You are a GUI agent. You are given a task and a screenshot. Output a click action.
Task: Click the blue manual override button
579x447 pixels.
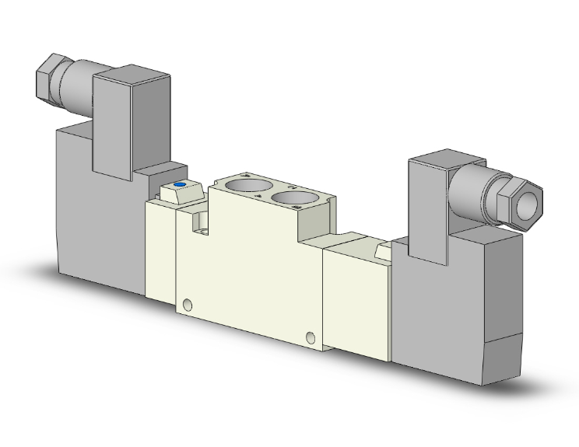tap(180, 185)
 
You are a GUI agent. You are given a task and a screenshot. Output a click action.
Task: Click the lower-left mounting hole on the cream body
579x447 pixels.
tap(187, 304)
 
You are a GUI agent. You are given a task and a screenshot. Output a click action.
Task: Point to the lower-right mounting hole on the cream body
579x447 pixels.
tap(311, 337)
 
